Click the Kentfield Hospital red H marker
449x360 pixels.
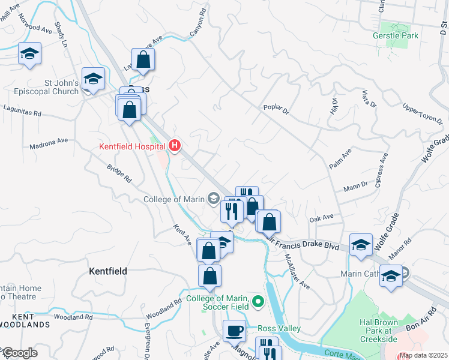tap(175, 146)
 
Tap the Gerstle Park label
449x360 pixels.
tap(394, 36)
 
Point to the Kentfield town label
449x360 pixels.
tap(108, 271)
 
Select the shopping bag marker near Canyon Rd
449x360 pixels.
tap(143, 59)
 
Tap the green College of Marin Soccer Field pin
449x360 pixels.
tap(258, 301)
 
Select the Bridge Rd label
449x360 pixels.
tap(119, 174)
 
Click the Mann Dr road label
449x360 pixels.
tap(356, 187)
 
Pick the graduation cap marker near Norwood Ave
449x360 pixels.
tap(29, 53)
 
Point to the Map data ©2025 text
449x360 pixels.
tap(424, 355)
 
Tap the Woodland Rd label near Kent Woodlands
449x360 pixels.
tap(73, 317)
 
